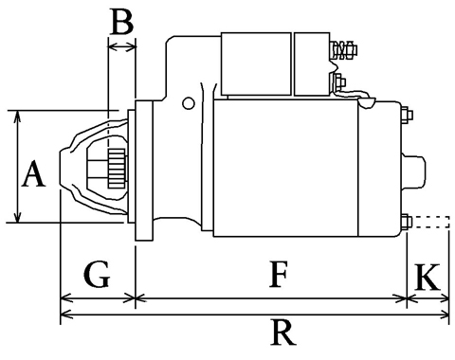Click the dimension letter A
(x=33, y=173)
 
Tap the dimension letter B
(x=122, y=22)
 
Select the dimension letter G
(x=97, y=274)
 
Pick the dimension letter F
(x=279, y=274)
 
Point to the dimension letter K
(x=428, y=278)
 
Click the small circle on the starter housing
(x=189, y=103)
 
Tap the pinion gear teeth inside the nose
(x=117, y=169)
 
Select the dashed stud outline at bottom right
(x=431, y=222)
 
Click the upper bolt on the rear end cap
(x=407, y=115)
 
